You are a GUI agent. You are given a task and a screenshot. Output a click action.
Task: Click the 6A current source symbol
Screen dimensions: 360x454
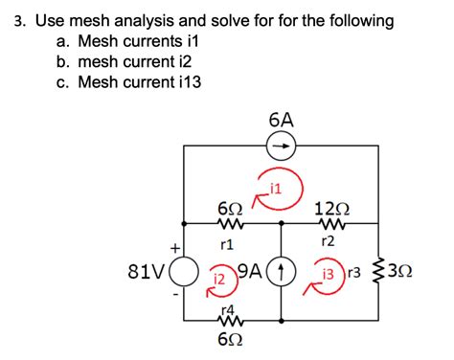point(282,146)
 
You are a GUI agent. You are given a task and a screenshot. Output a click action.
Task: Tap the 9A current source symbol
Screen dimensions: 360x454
point(282,272)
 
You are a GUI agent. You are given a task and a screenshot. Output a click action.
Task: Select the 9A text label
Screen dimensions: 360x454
point(252,270)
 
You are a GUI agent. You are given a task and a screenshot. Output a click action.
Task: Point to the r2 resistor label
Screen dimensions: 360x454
point(328,241)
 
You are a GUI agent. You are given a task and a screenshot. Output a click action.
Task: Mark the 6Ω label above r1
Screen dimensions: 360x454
point(230,209)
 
